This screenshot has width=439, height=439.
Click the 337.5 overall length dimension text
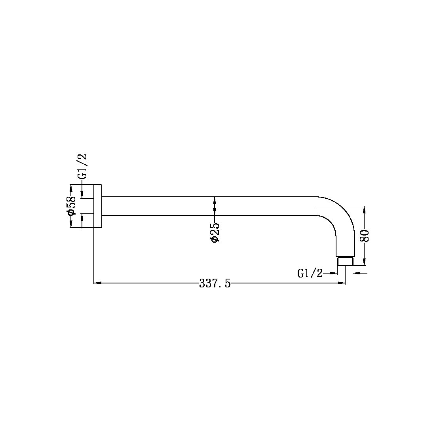tap(215, 283)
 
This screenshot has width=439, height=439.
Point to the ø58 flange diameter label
tap(71, 205)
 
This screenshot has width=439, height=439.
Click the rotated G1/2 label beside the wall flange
tap(82, 166)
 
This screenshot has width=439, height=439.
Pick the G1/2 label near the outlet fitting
tap(310, 273)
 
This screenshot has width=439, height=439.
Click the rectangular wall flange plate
tap(98, 206)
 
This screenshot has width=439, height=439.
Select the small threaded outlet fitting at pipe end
tap(345, 261)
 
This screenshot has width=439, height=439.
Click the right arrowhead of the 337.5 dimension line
tap(342, 283)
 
